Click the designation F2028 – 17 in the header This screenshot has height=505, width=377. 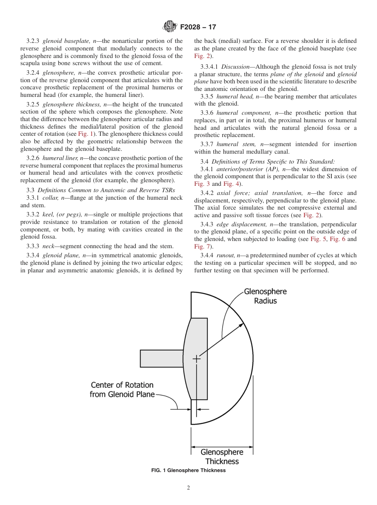pyautogui.click(x=198, y=27)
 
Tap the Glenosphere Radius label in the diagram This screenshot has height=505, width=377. pyautogui.click(x=265, y=296)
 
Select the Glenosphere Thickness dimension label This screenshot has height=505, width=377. pyautogui.click(x=222, y=457)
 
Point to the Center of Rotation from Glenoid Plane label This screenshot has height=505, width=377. pyautogui.click(x=122, y=389)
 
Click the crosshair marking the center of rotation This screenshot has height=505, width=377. pyautogui.click(x=196, y=359)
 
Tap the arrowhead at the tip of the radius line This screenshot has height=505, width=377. pyautogui.click(x=242, y=325)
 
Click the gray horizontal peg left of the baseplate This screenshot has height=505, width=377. pyautogui.click(x=162, y=359)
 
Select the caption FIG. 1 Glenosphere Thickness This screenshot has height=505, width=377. pyautogui.click(x=188, y=470)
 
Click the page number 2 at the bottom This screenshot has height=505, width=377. pyautogui.click(x=188, y=488)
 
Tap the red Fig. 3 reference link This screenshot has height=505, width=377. pyautogui.click(x=199, y=184)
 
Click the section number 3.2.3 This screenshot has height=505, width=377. pyautogui.click(x=33, y=41)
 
